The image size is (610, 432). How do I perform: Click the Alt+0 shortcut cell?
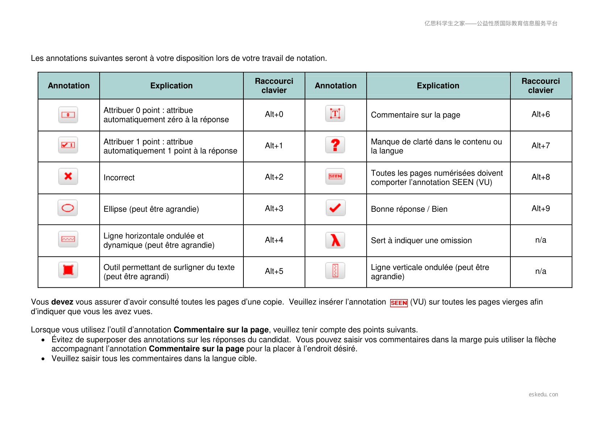[x=274, y=114]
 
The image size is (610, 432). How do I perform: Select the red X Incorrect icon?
[x=68, y=176]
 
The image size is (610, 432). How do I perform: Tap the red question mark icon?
[x=335, y=145]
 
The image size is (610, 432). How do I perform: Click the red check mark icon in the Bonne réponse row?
[x=335, y=208]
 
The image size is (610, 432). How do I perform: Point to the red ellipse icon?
[x=68, y=208]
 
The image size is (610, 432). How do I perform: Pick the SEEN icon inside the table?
[x=335, y=176]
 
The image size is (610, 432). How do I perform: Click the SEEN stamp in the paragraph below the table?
[x=399, y=303]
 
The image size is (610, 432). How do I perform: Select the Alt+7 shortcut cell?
[x=540, y=145]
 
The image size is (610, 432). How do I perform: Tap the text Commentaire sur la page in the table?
[x=415, y=115]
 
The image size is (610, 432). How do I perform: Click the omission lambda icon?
[x=335, y=240]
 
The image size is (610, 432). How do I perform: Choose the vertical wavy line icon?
[x=335, y=271]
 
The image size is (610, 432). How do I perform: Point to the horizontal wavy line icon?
[x=68, y=239]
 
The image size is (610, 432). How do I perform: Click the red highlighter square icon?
[x=68, y=270]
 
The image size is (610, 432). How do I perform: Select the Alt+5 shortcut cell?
[x=274, y=271]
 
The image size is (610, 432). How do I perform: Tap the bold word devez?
[x=62, y=302]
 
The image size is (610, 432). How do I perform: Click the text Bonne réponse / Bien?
[x=409, y=209]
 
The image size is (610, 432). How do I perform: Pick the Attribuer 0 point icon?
[x=68, y=115]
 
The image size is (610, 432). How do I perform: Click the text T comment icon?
[x=335, y=114]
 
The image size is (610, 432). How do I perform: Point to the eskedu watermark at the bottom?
[x=543, y=394]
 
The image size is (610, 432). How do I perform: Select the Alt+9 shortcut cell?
[x=540, y=209]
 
